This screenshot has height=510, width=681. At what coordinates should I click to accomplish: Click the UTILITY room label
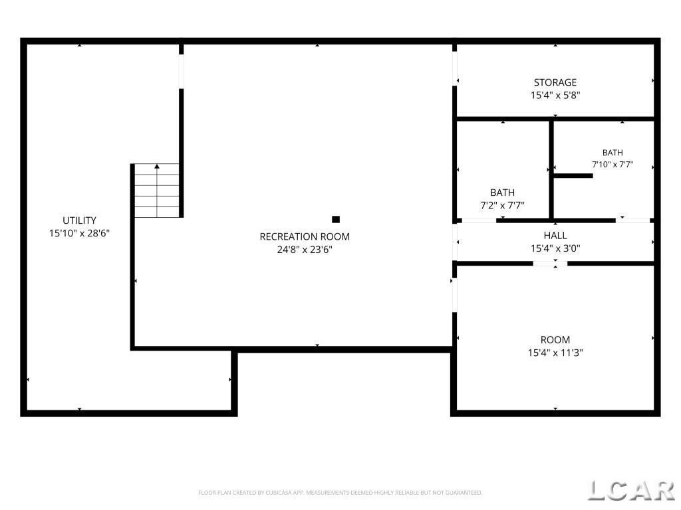(x=80, y=220)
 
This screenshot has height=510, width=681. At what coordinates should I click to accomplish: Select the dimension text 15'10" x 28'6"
(x=80, y=233)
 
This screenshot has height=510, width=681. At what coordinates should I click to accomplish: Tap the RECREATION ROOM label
(x=305, y=237)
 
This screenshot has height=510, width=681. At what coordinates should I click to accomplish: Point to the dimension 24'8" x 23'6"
(x=305, y=250)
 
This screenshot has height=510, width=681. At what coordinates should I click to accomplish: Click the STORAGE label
(x=555, y=82)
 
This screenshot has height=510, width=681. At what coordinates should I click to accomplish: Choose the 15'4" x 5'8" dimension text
(x=555, y=96)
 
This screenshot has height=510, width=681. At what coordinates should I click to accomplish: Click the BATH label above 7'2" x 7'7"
(x=503, y=193)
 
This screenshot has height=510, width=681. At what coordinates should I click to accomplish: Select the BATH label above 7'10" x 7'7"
(x=613, y=153)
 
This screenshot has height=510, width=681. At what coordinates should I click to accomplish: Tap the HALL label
(x=555, y=236)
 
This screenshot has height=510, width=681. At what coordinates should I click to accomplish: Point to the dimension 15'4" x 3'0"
(x=555, y=248)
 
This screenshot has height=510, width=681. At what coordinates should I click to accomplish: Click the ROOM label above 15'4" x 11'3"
(x=555, y=339)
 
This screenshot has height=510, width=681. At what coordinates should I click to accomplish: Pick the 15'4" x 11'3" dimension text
(x=555, y=353)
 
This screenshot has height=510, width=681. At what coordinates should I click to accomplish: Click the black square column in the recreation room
(x=336, y=219)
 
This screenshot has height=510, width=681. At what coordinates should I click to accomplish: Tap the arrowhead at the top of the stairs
(x=157, y=166)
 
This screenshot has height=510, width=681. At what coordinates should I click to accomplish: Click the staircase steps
(x=157, y=191)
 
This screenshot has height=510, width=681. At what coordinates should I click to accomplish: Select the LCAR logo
(x=631, y=491)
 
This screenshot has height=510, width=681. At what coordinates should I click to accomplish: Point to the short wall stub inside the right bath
(x=573, y=175)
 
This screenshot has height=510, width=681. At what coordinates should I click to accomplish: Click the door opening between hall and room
(x=550, y=263)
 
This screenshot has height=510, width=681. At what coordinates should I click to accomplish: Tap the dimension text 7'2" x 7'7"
(x=503, y=206)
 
